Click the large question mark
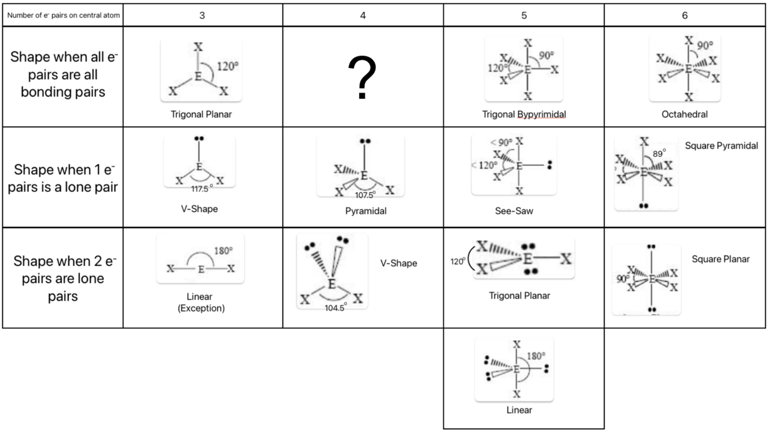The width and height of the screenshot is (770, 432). (x=362, y=77)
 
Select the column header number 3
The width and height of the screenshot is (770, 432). (x=202, y=16)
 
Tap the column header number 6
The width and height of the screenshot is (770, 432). (x=685, y=16)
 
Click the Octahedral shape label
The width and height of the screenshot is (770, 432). (x=685, y=114)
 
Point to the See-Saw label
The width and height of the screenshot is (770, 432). (x=514, y=211)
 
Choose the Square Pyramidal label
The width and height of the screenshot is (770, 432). (x=721, y=146)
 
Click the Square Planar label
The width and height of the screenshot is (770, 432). (x=720, y=259)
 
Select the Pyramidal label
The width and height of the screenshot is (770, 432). (x=366, y=211)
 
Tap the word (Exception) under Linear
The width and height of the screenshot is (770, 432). (x=201, y=308)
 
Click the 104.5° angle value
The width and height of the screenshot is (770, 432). (x=335, y=308)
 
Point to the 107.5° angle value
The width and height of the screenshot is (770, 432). (x=365, y=195)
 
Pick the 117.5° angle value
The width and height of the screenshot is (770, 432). (x=202, y=189)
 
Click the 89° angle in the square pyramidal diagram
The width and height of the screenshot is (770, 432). (x=659, y=154)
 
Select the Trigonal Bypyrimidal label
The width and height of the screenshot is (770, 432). (x=524, y=114)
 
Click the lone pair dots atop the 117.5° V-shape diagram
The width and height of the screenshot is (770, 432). (x=199, y=138)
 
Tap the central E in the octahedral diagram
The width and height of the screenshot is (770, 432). (x=688, y=69)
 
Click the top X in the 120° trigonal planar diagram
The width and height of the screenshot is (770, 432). (x=198, y=47)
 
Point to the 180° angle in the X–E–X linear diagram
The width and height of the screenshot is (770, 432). (x=223, y=251)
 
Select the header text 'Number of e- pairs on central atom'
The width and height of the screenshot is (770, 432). (x=63, y=16)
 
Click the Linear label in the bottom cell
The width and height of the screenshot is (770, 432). (x=519, y=410)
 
